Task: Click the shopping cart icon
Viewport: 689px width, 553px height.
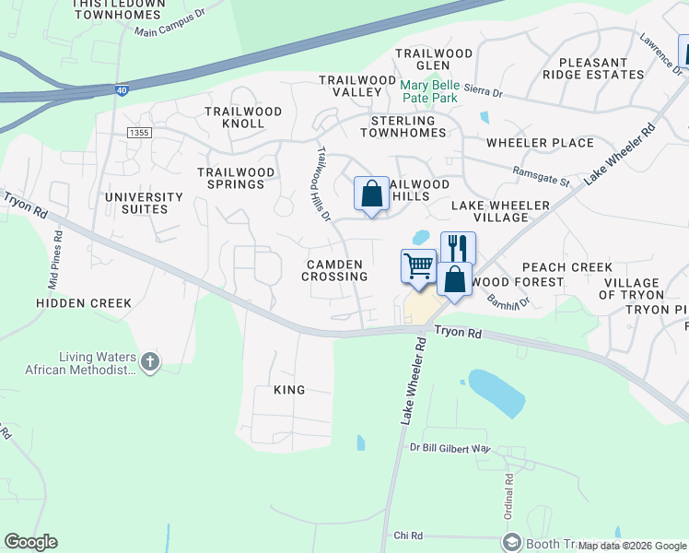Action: pos(418,266)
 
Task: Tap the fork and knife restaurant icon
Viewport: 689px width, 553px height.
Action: pos(458,248)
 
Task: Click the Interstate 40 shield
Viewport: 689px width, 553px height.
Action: pos(122,91)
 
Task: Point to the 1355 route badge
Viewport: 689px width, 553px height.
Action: pos(140,134)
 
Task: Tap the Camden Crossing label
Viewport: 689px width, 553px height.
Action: pos(336,270)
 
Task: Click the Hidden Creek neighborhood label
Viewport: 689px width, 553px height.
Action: pos(84,303)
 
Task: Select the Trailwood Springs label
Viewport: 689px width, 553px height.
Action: pos(236,178)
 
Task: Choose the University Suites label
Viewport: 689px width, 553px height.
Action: pos(144,203)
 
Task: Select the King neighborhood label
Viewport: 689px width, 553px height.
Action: pos(289,390)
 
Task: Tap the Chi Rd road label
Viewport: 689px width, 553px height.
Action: pos(407,535)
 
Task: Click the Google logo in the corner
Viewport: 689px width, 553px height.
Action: pos(30,542)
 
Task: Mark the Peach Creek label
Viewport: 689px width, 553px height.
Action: pos(580,266)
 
